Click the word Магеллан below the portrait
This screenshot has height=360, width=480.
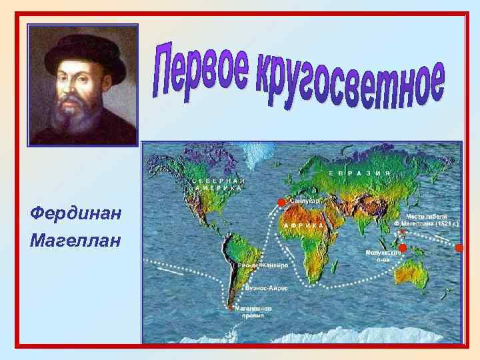coord(75,239)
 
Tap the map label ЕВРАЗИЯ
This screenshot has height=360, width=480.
coord(359,172)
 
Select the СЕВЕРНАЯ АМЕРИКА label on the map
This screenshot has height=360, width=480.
coord(217,184)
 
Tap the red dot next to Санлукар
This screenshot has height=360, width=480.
coord(281,202)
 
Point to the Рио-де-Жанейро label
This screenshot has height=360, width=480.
coord(264,265)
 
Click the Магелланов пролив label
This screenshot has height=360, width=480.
coord(253,313)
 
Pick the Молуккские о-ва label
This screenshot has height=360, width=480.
coord(383,256)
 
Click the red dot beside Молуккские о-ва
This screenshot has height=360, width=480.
coord(403,248)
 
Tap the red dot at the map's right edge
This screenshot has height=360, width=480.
coord(458,248)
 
